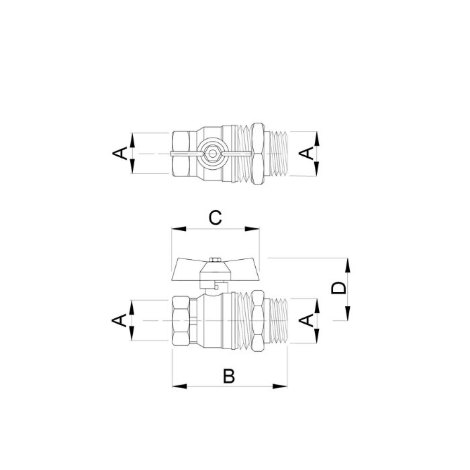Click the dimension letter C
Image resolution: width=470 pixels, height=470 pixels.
[216, 218]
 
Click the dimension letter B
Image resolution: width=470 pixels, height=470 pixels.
[229, 376]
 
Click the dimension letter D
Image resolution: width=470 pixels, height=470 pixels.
[338, 288]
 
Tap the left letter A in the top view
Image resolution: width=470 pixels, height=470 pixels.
[120, 153]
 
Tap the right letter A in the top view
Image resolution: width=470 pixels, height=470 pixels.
[306, 154]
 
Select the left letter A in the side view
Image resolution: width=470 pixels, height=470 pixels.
[120, 320]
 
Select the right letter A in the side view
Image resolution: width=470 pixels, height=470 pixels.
[306, 320]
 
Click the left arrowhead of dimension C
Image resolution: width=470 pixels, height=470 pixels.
[179, 229]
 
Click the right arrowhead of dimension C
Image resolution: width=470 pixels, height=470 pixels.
[252, 229]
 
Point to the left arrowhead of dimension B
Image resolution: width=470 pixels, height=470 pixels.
[179, 386]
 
